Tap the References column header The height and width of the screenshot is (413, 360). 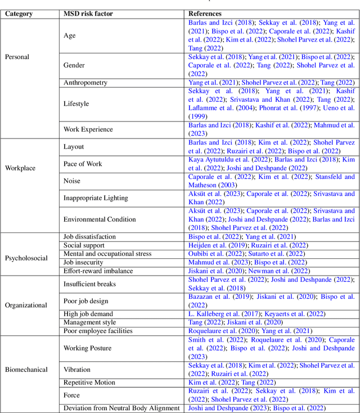(x=205, y=13)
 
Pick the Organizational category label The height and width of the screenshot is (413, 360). (x=26, y=306)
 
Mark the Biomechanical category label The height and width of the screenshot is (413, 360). (x=26, y=370)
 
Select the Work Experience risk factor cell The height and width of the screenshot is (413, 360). (x=88, y=129)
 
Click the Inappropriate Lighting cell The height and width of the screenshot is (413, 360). (x=96, y=198)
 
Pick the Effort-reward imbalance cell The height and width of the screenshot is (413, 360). (x=98, y=271)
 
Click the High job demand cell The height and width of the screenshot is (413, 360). (x=88, y=314)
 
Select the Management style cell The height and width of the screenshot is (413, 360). (x=89, y=322)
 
